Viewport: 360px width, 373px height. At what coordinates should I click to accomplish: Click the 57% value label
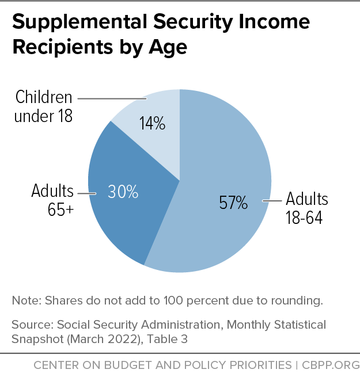[233, 203]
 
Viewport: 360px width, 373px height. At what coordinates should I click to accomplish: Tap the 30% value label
[123, 192]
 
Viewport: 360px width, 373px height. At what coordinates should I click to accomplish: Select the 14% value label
[152, 123]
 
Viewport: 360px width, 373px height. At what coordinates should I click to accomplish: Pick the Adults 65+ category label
[52, 200]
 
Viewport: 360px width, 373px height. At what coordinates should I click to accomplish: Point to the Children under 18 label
[43, 106]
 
